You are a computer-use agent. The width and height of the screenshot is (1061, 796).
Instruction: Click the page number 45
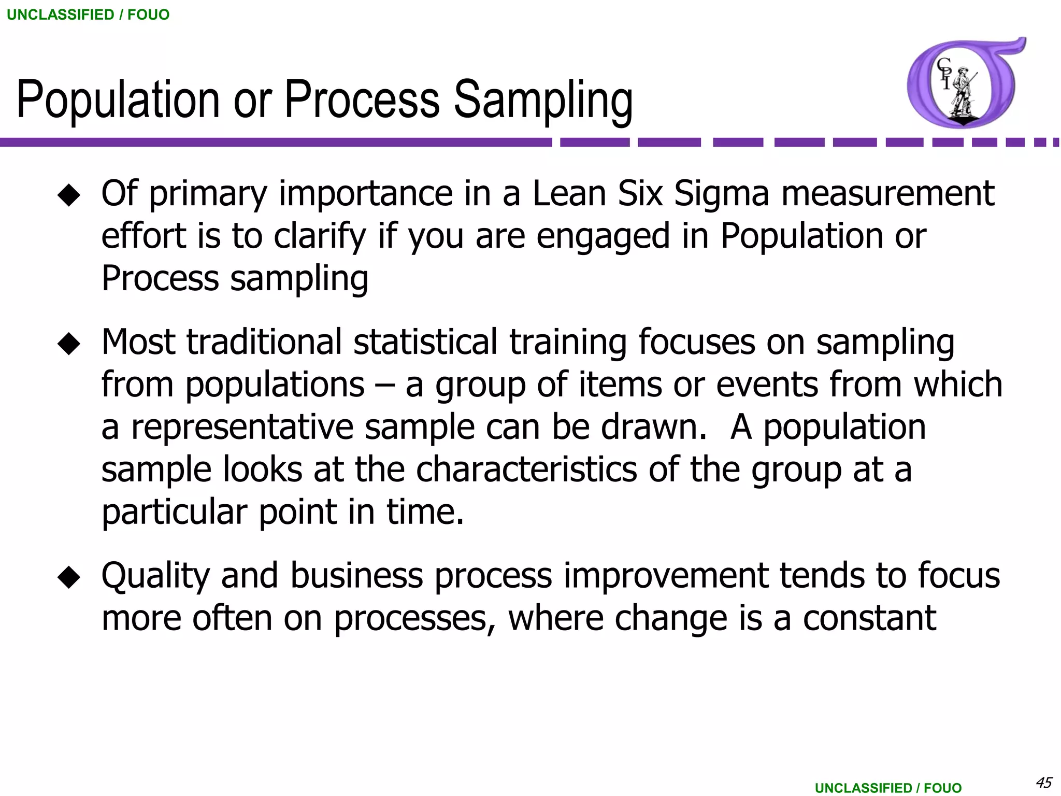1043,782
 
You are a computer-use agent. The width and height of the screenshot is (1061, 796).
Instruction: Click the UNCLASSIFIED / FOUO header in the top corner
88,15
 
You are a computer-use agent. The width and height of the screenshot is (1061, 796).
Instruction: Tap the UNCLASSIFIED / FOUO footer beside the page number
888,788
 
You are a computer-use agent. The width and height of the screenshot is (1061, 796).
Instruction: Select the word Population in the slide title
118,99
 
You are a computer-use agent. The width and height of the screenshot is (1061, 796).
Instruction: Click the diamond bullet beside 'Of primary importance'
69,195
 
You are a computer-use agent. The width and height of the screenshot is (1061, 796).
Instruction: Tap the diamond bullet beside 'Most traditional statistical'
69,344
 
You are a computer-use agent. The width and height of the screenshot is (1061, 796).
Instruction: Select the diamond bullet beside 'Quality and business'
69,577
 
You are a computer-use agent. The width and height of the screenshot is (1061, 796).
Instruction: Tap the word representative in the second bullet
241,428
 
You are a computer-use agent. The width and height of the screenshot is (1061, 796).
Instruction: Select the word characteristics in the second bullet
526,470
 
